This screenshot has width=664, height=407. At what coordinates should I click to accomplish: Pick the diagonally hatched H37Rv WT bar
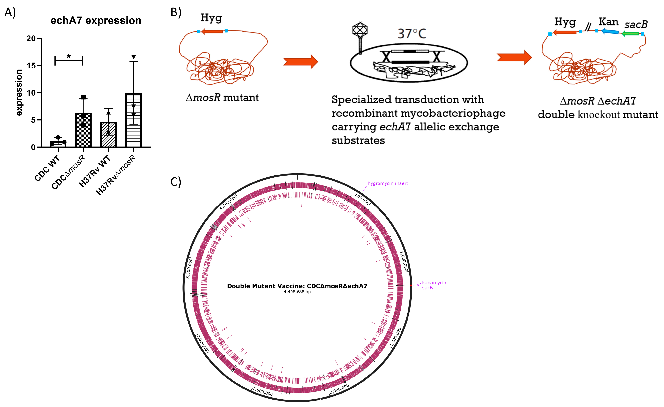(108, 135)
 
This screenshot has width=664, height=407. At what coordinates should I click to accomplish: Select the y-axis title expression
(19, 93)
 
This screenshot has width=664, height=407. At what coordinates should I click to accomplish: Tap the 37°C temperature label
(412, 34)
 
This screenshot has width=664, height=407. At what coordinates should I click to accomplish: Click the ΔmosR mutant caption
(222, 97)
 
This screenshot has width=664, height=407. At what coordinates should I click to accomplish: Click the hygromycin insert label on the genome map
(387, 184)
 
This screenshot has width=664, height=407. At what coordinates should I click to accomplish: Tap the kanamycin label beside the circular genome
(434, 283)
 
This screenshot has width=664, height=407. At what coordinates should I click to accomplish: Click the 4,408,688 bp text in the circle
(297, 292)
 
